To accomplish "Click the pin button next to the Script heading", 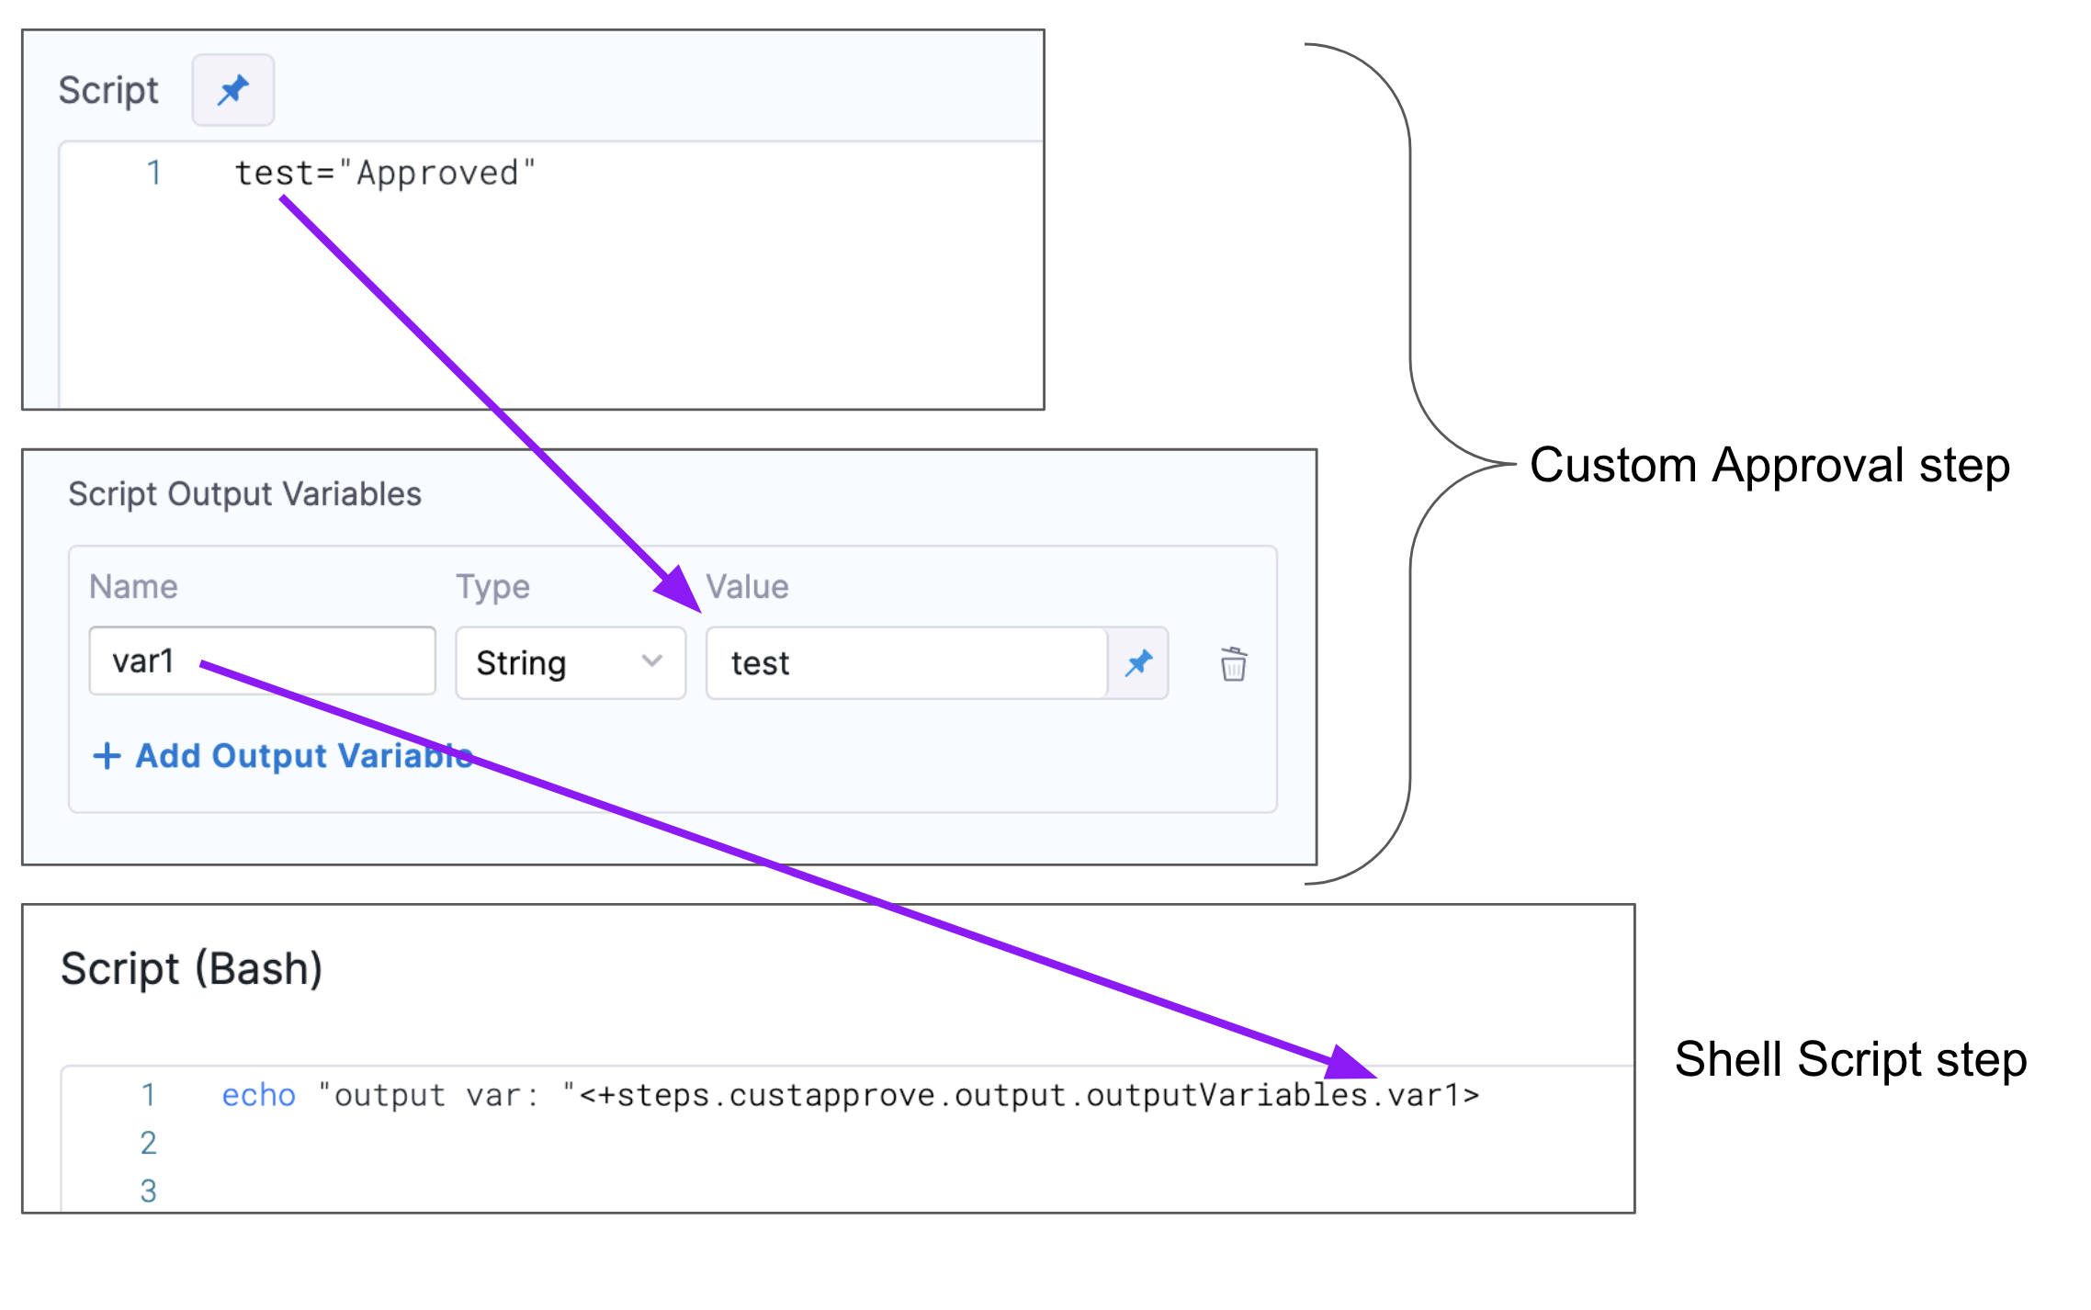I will (232, 90).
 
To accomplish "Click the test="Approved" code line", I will (385, 173).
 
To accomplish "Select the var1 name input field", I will (262, 661).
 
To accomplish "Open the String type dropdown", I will (571, 662).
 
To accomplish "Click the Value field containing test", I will (906, 662).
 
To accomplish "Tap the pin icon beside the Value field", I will (1138, 662).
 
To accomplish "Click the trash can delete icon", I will (1233, 663).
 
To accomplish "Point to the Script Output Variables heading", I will (244, 494).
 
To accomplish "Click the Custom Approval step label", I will (1769, 465).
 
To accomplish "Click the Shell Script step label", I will (1850, 1059).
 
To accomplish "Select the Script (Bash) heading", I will (191, 969).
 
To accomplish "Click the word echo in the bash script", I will (258, 1095).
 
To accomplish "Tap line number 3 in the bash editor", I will (149, 1191).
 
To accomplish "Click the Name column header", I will (133, 586).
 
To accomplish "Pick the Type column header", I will (492, 586).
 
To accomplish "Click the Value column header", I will (747, 586).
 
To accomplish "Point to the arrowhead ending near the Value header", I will (681, 590).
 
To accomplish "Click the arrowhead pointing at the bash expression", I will (1349, 1063).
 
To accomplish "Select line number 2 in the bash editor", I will (149, 1143).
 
